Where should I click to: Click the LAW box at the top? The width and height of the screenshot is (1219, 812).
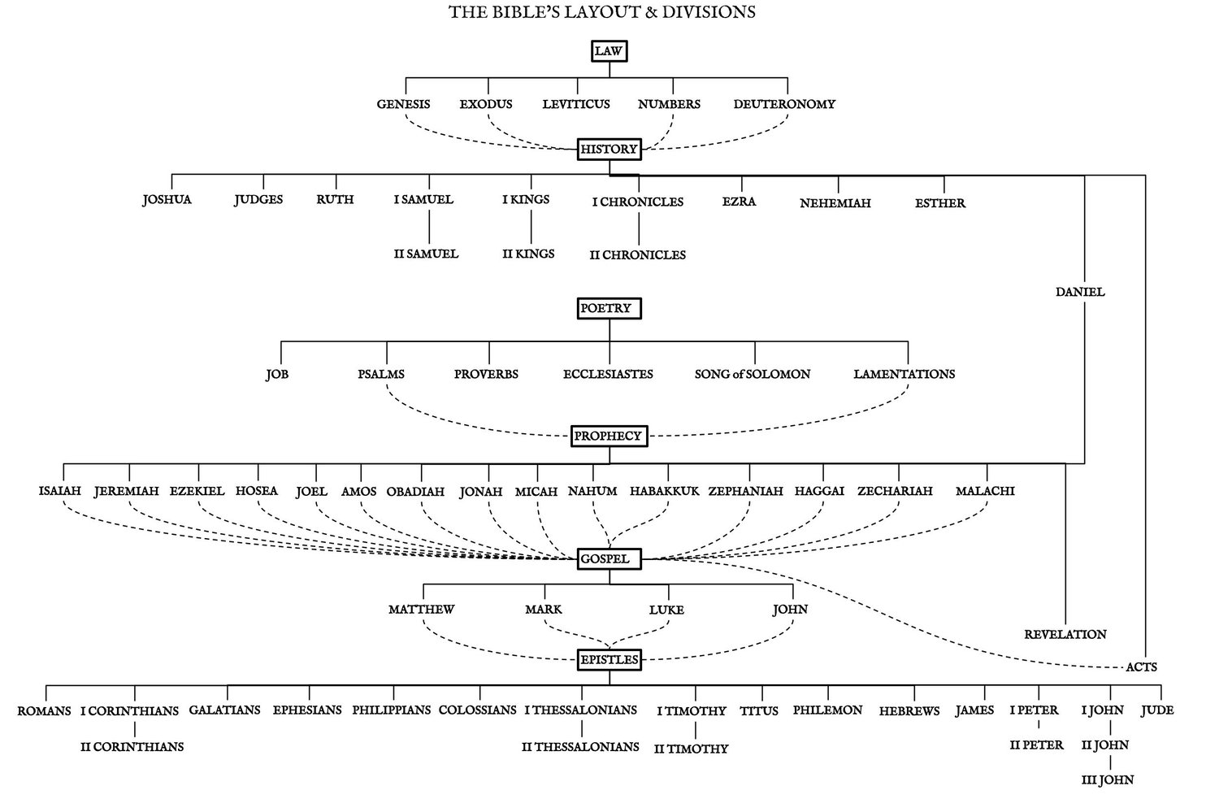(x=609, y=51)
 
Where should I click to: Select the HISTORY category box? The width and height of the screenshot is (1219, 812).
(x=609, y=149)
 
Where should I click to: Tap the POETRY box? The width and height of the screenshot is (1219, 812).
(x=609, y=308)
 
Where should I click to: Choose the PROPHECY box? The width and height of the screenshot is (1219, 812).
(x=609, y=436)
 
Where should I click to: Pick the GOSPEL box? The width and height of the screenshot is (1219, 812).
(x=609, y=559)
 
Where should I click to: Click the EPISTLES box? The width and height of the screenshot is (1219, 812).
(x=609, y=660)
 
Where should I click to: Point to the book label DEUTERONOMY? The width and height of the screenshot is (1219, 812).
(x=784, y=104)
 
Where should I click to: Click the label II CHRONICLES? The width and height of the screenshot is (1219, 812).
(x=637, y=254)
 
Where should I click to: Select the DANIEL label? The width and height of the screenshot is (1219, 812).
(x=1080, y=292)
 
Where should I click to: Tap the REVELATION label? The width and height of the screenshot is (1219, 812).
(x=1065, y=634)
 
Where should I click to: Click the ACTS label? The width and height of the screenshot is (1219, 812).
(x=1141, y=667)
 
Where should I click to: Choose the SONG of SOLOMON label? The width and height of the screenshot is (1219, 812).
(x=752, y=374)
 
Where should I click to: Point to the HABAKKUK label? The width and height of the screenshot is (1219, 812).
(x=665, y=491)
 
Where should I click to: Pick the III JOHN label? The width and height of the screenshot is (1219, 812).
(x=1108, y=779)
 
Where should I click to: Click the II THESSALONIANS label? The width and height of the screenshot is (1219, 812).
(x=580, y=747)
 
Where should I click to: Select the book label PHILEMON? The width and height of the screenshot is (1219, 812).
(x=827, y=710)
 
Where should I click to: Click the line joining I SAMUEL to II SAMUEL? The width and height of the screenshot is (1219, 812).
(x=429, y=227)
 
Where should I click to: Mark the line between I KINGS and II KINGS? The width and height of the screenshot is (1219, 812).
(x=531, y=227)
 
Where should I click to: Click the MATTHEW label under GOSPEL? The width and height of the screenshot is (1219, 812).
(x=421, y=609)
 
